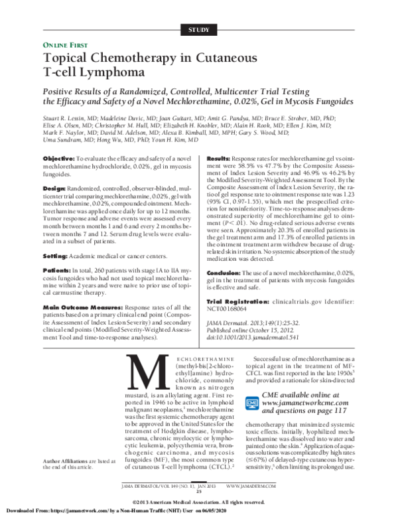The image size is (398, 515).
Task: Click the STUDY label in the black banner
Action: [x=199, y=30]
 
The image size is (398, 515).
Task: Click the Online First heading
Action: [x=67, y=44]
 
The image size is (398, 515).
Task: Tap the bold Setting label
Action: [x=56, y=256]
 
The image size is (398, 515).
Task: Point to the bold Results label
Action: [x=220, y=160]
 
